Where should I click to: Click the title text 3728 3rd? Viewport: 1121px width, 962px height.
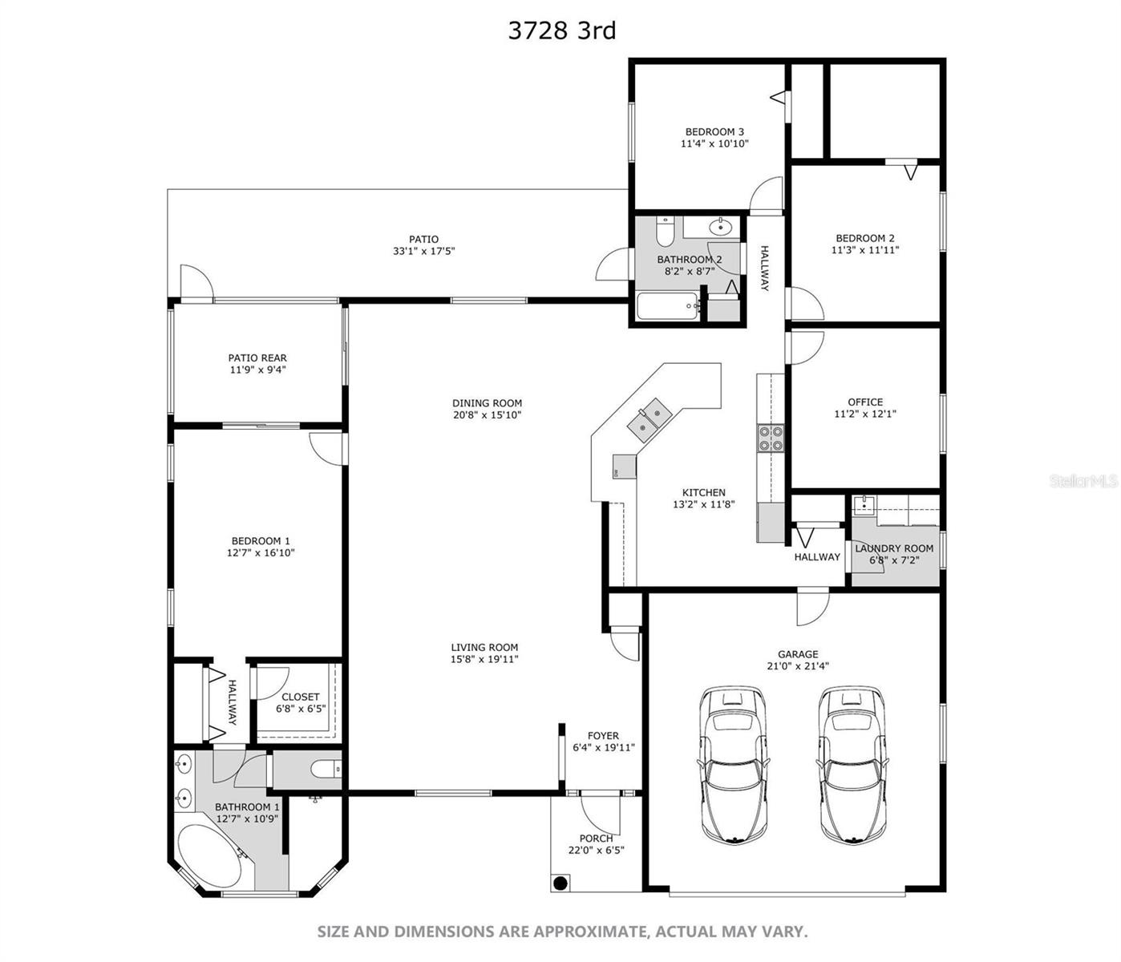(562, 31)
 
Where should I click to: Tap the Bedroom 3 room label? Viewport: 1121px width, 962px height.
(714, 131)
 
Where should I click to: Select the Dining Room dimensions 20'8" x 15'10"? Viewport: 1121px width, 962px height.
(487, 414)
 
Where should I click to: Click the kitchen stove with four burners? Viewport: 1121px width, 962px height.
(771, 439)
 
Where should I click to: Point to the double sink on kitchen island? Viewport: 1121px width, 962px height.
(650, 420)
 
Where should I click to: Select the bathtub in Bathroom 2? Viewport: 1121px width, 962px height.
(668, 306)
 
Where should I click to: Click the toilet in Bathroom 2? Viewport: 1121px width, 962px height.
(665, 231)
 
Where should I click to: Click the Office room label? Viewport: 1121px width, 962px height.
(865, 402)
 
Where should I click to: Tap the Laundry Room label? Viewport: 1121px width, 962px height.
(894, 548)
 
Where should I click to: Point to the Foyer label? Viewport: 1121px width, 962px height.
(603, 735)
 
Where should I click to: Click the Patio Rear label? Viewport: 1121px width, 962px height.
(257, 358)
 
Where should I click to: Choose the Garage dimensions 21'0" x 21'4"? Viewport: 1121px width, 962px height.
(798, 666)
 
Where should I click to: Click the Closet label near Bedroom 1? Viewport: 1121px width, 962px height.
(300, 697)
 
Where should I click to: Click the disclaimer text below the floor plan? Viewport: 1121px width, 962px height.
(562, 932)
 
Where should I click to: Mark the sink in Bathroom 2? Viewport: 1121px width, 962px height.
(720, 227)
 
